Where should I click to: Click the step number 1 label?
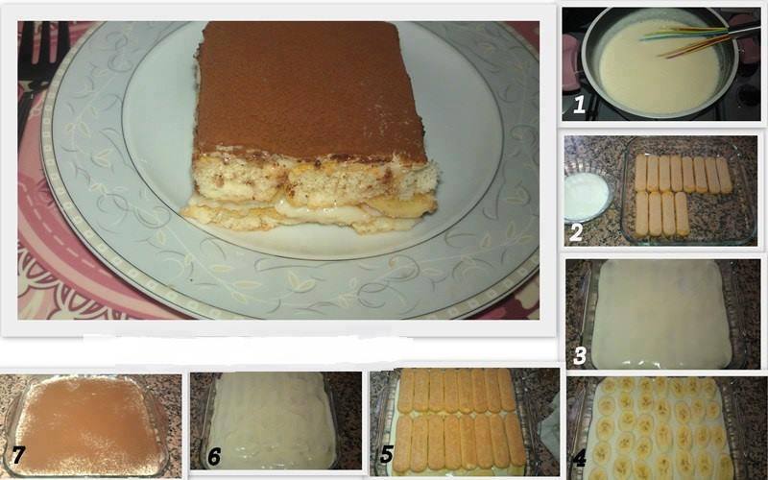(x=579, y=105)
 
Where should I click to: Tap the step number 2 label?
(x=576, y=232)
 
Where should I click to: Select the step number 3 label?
(x=580, y=355)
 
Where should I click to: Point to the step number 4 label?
(x=580, y=459)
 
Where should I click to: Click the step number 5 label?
(x=387, y=454)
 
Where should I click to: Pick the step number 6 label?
(x=214, y=457)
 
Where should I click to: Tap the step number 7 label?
(x=18, y=454)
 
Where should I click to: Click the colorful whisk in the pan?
(x=695, y=39)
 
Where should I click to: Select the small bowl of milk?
(x=587, y=197)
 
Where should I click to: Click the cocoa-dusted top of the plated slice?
(x=309, y=90)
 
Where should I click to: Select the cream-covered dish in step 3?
(x=661, y=314)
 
